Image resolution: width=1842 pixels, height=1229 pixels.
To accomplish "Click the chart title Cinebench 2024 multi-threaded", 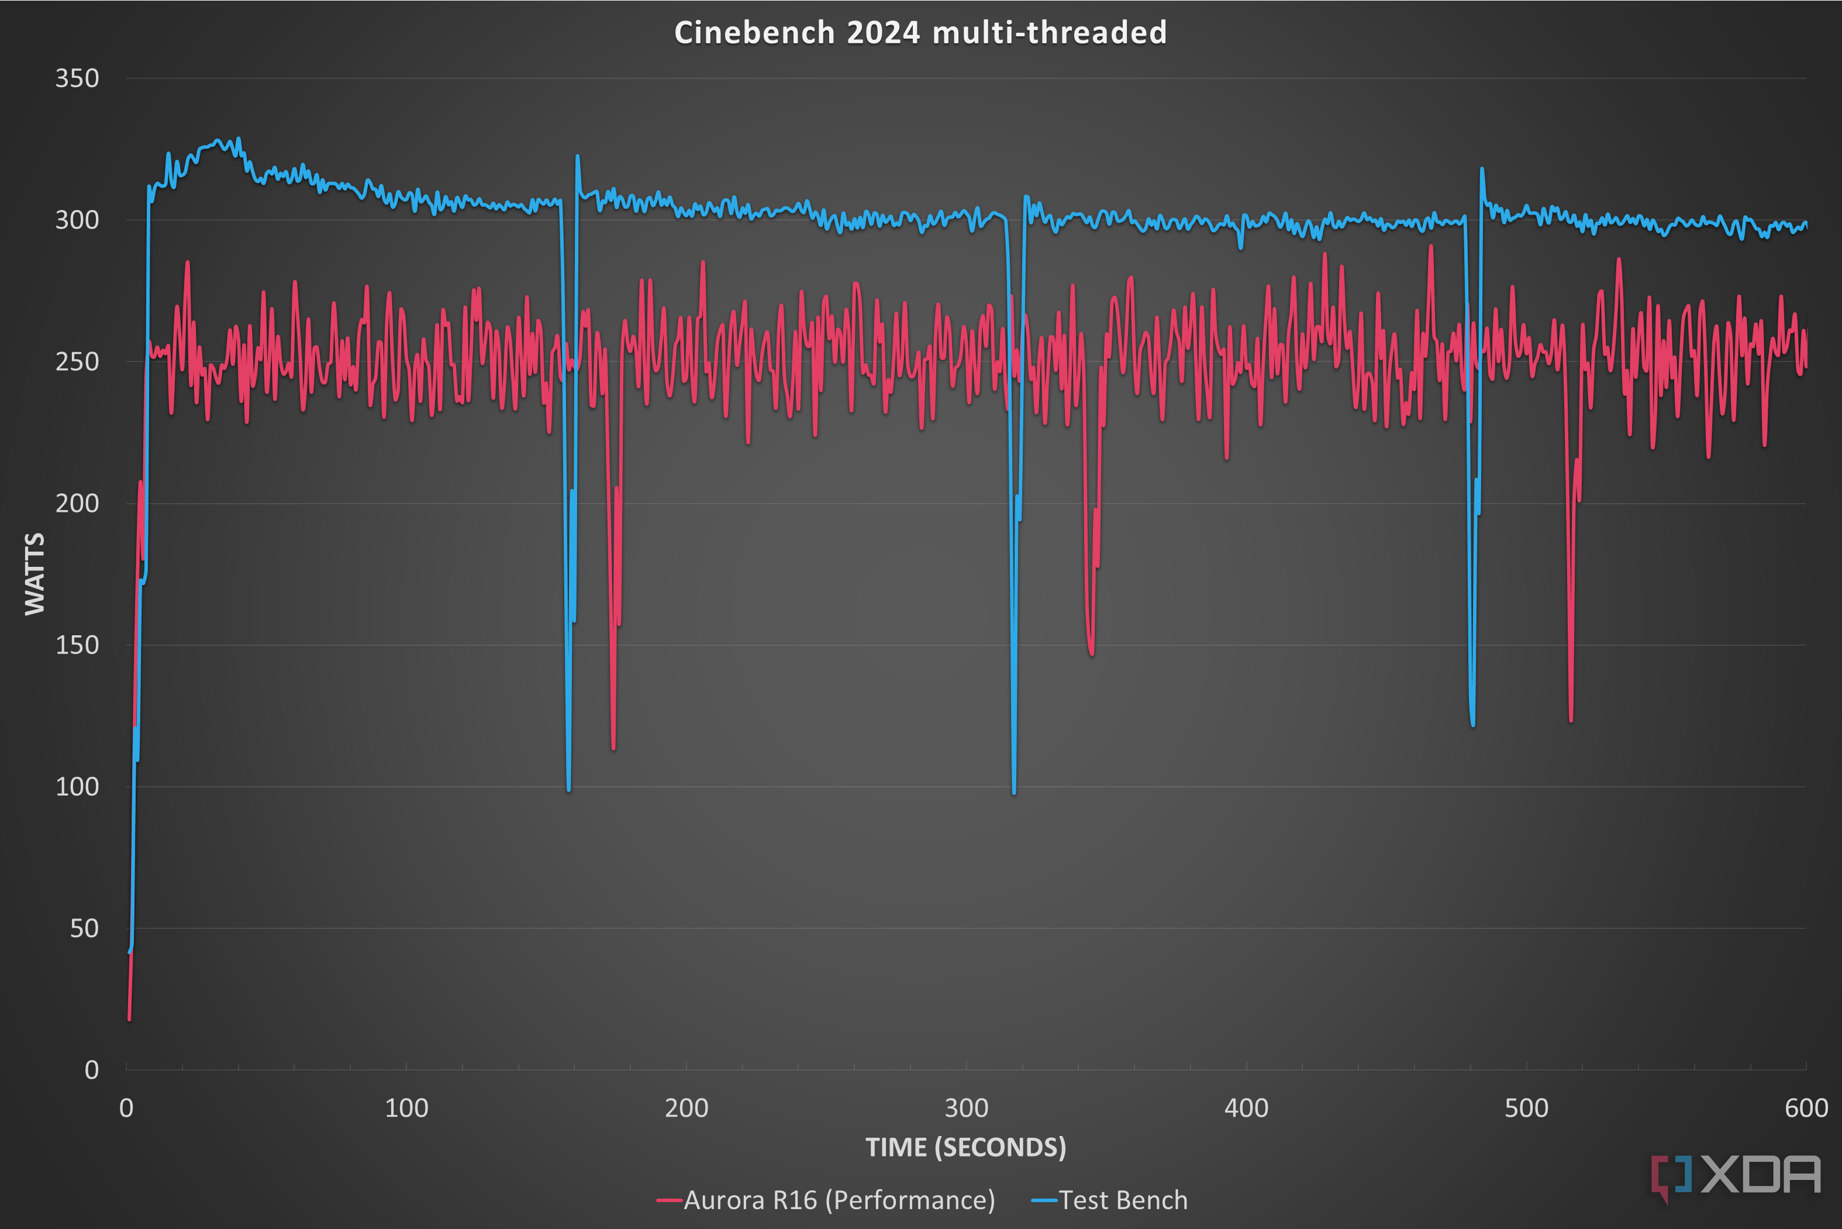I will coord(920,33).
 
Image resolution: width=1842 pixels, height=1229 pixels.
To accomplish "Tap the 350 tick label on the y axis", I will coord(77,78).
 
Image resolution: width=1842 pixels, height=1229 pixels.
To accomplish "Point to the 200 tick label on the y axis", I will coord(77,503).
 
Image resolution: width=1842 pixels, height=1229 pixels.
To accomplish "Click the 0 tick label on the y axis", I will coord(92,1070).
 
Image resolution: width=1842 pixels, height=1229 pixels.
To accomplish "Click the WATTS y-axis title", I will coord(35,574).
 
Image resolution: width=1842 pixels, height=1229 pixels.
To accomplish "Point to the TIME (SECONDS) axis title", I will coord(965,1148).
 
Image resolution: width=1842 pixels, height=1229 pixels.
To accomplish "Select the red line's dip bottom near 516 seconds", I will coord(1571,720).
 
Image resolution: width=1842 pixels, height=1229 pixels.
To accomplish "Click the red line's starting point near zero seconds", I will coord(129,1019).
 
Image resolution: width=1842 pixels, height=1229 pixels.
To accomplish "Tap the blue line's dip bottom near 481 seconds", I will coord(1473,724).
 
